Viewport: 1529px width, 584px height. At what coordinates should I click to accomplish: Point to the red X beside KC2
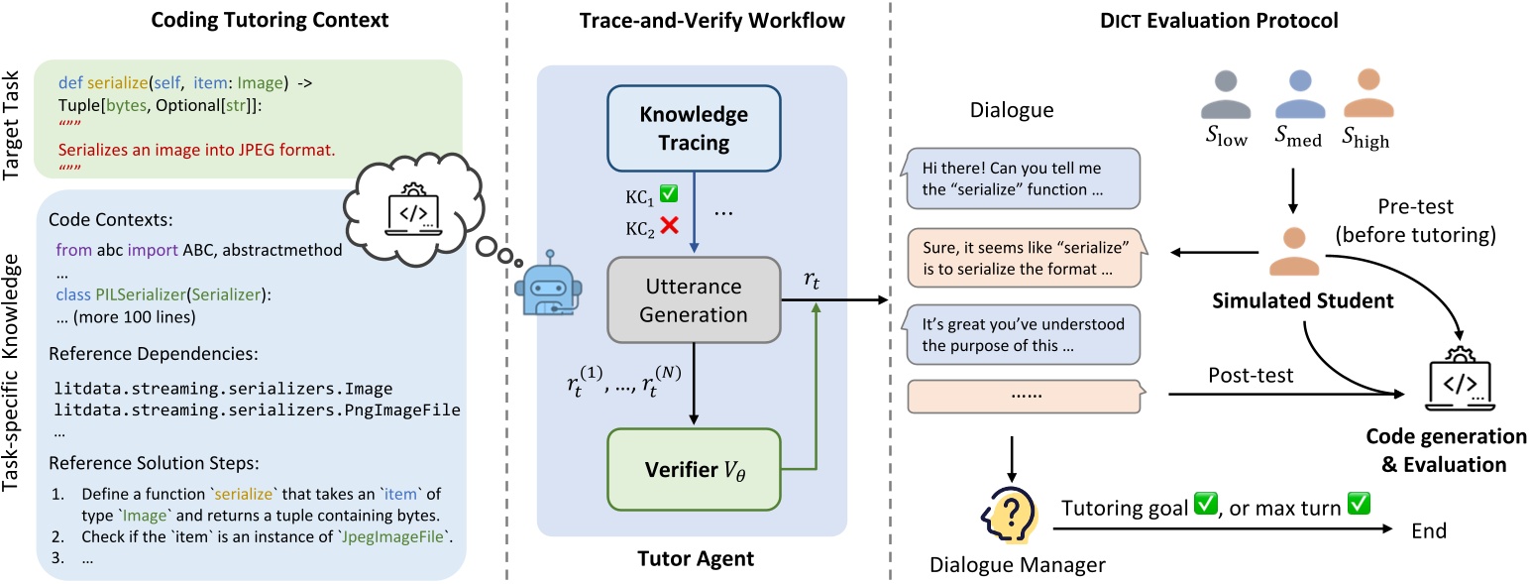[x=668, y=226]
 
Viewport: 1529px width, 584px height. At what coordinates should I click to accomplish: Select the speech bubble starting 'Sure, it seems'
[x=1021, y=255]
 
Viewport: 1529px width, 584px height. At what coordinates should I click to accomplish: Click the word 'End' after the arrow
[x=1428, y=530]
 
